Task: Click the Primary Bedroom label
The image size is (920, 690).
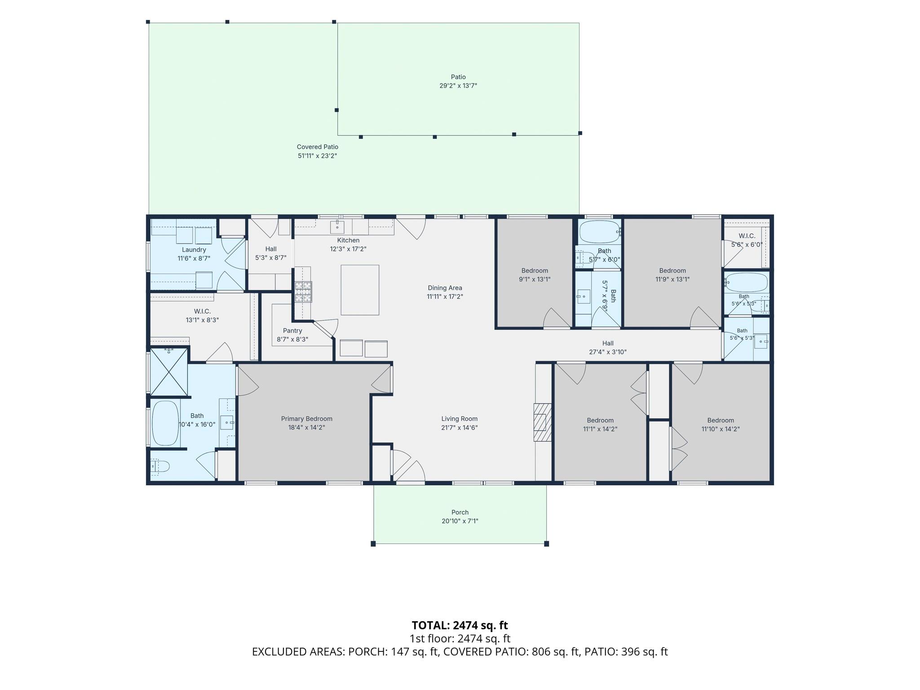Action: pyautogui.click(x=307, y=419)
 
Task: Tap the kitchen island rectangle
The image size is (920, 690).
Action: pyautogui.click(x=360, y=290)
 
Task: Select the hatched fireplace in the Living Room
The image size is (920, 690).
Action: pyautogui.click(x=542, y=422)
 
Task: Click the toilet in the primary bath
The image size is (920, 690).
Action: pyautogui.click(x=159, y=467)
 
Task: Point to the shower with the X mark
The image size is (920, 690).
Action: pyautogui.click(x=168, y=372)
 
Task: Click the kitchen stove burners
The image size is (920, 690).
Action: pyautogui.click(x=303, y=292)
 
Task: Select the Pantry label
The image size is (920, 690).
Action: pyautogui.click(x=292, y=331)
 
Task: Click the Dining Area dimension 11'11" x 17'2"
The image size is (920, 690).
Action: pyautogui.click(x=445, y=296)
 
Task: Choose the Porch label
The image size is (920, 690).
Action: pyautogui.click(x=460, y=512)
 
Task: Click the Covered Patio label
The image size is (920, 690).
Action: pyautogui.click(x=318, y=147)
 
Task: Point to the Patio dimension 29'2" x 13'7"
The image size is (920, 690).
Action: pyautogui.click(x=458, y=85)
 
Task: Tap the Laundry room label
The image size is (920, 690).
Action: pyautogui.click(x=194, y=250)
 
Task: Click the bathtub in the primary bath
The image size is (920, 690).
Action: pyautogui.click(x=165, y=423)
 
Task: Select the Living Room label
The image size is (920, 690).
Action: pyautogui.click(x=459, y=419)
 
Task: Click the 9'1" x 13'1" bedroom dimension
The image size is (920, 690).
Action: pyautogui.click(x=535, y=279)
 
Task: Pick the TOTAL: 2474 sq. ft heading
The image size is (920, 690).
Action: pyautogui.click(x=460, y=625)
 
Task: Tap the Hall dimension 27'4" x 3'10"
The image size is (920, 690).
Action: pyautogui.click(x=608, y=352)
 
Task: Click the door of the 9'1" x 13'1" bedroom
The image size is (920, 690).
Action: pyautogui.click(x=557, y=318)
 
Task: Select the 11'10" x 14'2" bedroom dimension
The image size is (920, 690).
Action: pyautogui.click(x=721, y=429)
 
